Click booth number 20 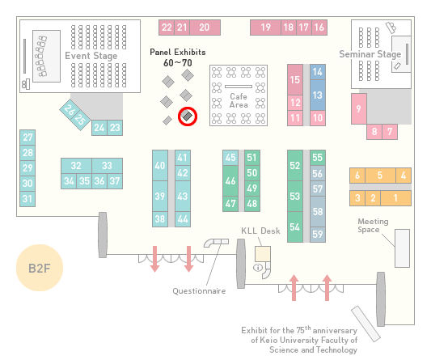click(x=205, y=28)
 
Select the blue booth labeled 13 click(x=318, y=95)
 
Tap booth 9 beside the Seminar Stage click(x=359, y=108)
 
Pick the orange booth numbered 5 click(x=380, y=176)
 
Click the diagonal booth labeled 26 click(x=69, y=109)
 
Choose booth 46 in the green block click(x=230, y=180)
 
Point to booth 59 click(x=318, y=235)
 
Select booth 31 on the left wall click(x=27, y=198)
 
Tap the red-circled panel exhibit click(x=188, y=116)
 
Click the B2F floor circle click(x=40, y=268)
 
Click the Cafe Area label click(x=239, y=100)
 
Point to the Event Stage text click(x=91, y=56)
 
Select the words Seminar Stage click(x=370, y=54)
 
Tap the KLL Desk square click(x=263, y=254)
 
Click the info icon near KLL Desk click(x=258, y=267)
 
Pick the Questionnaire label click(x=199, y=291)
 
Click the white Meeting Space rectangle click(x=402, y=248)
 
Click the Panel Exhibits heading click(x=178, y=52)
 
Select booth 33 click(x=107, y=166)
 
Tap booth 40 click(x=160, y=165)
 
